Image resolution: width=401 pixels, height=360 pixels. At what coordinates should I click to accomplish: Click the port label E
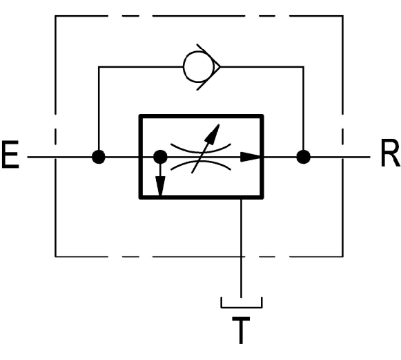(10, 154)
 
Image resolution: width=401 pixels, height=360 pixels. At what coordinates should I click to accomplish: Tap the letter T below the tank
(241, 330)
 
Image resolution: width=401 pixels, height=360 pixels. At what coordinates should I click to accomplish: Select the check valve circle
(199, 67)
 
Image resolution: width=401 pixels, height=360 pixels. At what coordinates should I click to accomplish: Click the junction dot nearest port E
(99, 157)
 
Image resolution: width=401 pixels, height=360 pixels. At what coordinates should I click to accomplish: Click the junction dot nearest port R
(304, 157)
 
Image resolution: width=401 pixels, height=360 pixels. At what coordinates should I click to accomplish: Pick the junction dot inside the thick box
(160, 157)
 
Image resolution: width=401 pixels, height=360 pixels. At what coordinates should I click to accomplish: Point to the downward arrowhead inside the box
(160, 186)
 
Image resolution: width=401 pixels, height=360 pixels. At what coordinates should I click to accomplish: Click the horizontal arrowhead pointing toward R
(251, 157)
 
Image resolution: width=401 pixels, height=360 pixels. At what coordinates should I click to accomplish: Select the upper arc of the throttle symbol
(201, 149)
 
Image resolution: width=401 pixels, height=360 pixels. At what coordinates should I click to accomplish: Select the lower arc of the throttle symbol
(201, 164)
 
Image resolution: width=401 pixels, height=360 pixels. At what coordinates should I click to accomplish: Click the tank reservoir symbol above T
(242, 307)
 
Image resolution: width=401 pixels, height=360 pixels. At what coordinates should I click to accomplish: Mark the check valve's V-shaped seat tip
(220, 67)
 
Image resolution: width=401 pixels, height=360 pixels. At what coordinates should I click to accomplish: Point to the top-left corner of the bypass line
(99, 67)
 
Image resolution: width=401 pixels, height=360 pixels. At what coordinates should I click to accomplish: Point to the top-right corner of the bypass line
(304, 67)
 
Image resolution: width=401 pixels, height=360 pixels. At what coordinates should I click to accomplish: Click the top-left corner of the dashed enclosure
(55, 16)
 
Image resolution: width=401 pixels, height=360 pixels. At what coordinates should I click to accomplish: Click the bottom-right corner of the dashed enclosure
(343, 256)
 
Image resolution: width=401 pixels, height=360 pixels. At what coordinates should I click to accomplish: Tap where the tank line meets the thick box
(242, 198)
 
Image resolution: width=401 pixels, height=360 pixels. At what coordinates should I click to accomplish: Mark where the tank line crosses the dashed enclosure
(242, 256)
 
